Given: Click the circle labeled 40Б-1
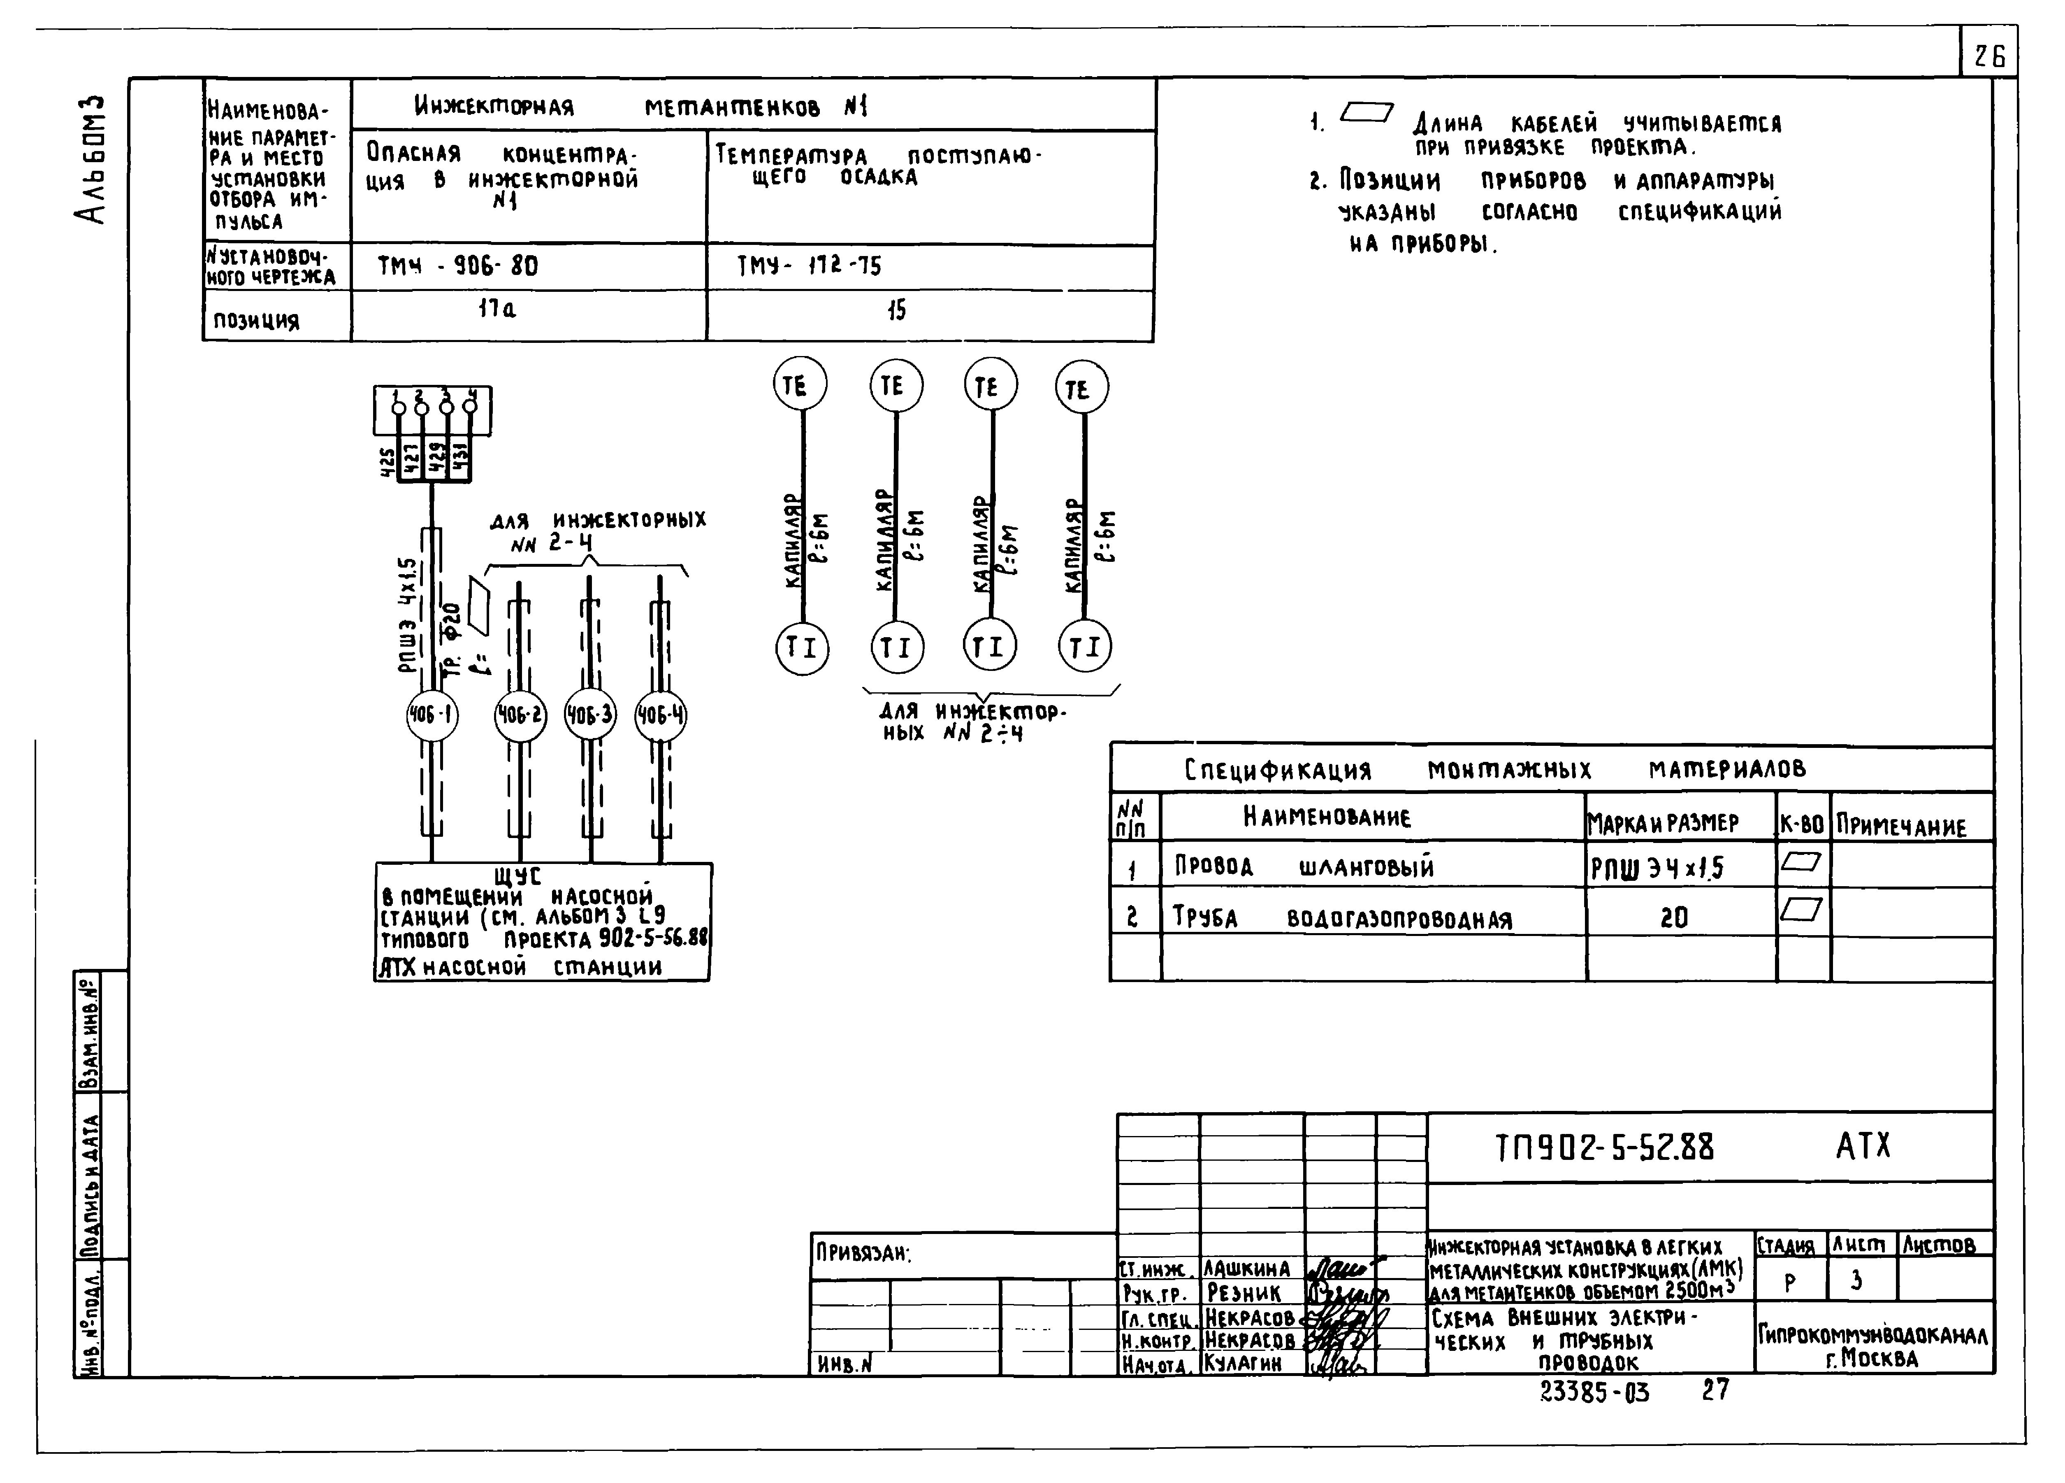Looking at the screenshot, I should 432,716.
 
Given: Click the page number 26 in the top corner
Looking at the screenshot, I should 1989,56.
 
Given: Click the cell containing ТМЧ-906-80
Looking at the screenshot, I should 458,266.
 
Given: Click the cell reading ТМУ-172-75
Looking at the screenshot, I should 809,266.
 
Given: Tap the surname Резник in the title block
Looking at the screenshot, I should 1244,1294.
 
